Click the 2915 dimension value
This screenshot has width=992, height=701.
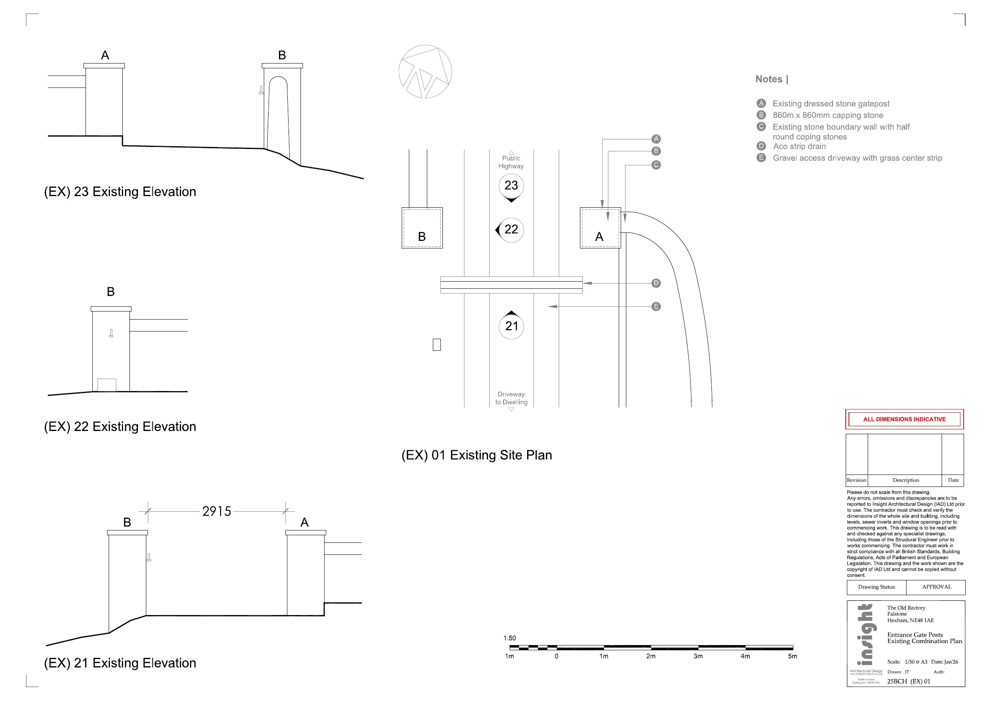coord(217,511)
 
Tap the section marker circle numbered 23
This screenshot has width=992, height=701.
coord(511,186)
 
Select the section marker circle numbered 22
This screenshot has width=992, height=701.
coord(511,229)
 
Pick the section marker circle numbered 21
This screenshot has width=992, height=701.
coord(512,326)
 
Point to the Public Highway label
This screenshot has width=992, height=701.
coord(511,162)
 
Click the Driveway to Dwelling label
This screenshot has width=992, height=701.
coord(511,398)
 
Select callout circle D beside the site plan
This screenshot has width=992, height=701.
coord(656,283)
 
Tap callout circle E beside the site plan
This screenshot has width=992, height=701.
coord(656,307)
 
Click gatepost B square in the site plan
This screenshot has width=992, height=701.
coord(422,228)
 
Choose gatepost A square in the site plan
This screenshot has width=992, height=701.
coord(600,228)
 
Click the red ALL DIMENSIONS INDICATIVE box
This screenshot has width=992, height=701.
coord(904,419)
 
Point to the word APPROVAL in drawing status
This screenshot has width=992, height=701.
coord(936,587)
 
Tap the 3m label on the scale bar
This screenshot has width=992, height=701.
coord(698,656)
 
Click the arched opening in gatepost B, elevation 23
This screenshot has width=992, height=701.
coord(278,117)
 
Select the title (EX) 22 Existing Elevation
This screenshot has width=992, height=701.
coord(120,427)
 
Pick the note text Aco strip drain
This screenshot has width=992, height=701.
coord(799,147)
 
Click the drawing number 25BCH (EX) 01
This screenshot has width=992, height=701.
coord(908,681)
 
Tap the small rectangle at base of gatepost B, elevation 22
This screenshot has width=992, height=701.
coord(107,385)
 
